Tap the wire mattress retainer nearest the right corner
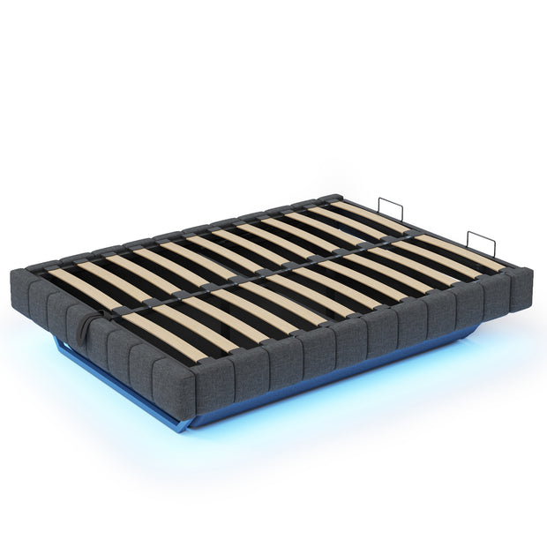[480, 244]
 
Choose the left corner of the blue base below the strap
[56, 341]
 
